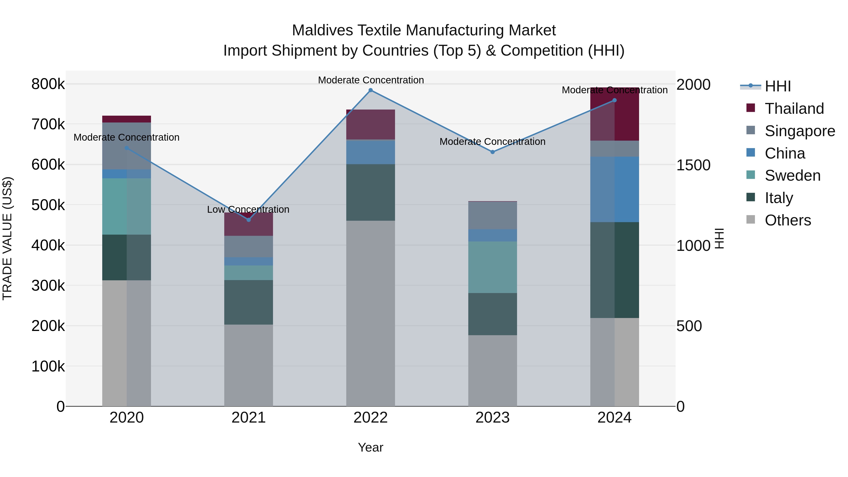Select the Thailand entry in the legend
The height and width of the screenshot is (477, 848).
(x=794, y=109)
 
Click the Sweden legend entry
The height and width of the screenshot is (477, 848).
(x=792, y=175)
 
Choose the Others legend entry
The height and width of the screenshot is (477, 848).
(x=788, y=220)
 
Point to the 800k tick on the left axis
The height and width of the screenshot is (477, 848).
(x=48, y=84)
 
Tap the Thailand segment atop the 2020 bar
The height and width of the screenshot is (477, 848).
(x=126, y=119)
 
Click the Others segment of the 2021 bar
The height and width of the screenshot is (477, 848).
(x=249, y=365)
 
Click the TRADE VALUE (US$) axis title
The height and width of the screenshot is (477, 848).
(x=7, y=238)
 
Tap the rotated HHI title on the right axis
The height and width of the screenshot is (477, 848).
(x=720, y=238)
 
